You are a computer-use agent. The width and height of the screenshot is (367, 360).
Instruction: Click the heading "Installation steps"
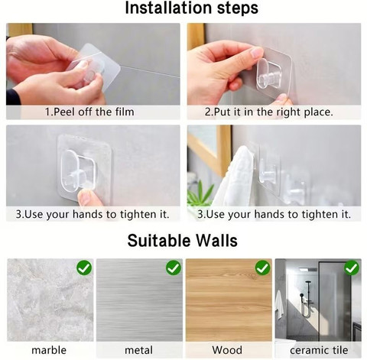[192, 8]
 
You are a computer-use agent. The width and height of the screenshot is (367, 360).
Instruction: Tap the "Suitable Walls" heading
[183, 241]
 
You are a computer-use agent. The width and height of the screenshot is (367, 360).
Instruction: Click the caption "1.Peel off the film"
[89, 112]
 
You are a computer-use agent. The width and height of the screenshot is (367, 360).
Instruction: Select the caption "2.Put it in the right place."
[269, 112]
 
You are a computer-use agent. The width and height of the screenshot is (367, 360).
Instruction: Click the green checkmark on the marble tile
[84, 268]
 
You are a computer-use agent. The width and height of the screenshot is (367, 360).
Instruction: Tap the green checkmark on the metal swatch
[174, 268]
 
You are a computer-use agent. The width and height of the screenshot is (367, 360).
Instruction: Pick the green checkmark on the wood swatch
[263, 268]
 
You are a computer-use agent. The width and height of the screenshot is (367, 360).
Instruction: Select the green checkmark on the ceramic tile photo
[352, 268]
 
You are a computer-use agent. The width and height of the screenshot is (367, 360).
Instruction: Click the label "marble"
[49, 350]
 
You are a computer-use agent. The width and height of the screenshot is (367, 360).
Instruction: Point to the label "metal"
[138, 350]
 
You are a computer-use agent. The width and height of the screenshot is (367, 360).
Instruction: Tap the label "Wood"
[227, 350]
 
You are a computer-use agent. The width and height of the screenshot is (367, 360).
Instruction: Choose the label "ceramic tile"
[319, 350]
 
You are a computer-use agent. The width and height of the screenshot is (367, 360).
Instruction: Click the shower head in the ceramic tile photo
[301, 295]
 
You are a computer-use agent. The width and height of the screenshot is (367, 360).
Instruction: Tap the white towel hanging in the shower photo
[279, 304]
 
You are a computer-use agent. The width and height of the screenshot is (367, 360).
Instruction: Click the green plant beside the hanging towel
[200, 193]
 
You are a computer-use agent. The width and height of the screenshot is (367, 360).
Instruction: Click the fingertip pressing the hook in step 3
[86, 196]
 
